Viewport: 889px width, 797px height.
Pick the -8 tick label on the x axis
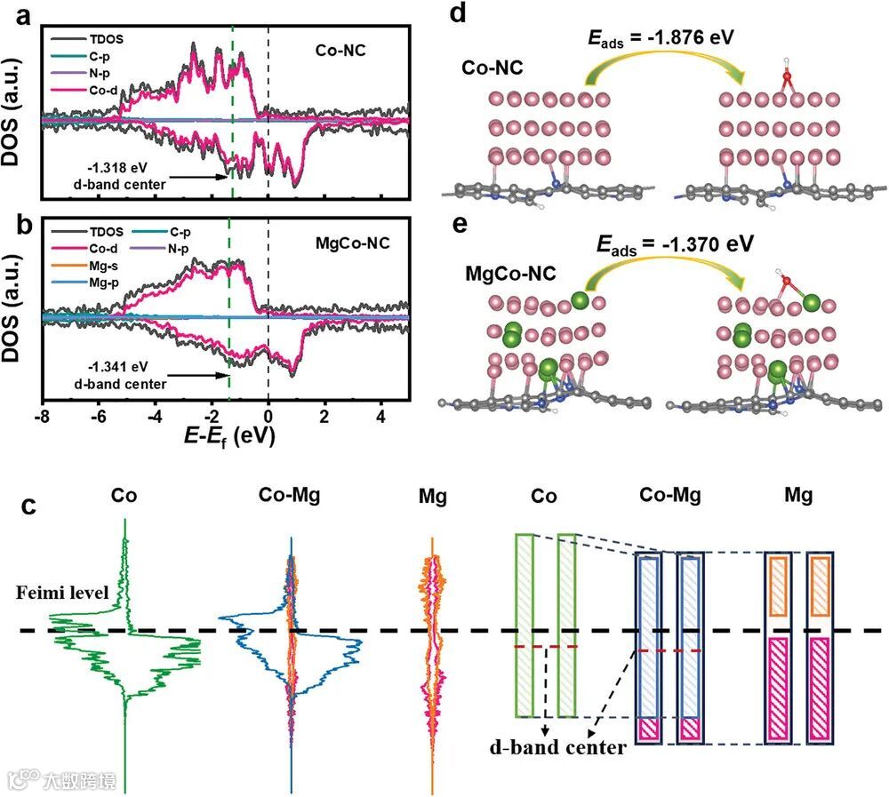(41, 416)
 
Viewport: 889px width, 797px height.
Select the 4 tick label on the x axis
(381, 416)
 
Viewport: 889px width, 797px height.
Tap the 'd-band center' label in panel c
(557, 747)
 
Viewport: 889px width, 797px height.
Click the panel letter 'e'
(459, 221)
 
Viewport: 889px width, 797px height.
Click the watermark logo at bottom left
(22, 778)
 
